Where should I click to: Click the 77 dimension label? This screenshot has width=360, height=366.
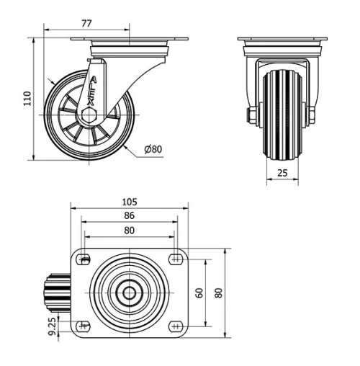coord(86,23)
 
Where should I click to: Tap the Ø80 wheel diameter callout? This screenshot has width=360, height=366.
coord(153,150)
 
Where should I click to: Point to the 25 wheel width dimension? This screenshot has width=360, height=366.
coord(282,172)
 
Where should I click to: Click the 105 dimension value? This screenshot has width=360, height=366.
coord(130,202)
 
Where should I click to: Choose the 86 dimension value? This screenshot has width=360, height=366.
coord(130,215)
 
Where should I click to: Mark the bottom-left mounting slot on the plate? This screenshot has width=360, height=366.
coord(84,326)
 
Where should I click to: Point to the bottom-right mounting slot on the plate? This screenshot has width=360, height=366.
coord(176,326)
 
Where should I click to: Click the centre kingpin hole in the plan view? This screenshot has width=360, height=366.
coord(130,293)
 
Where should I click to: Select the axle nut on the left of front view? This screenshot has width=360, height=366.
coord(252,115)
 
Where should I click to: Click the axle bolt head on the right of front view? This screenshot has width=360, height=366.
coord(314,115)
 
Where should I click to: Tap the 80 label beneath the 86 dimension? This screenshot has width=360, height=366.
coord(130,230)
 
